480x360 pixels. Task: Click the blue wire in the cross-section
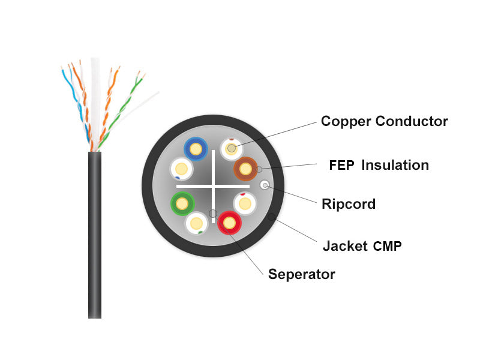pos(196,149)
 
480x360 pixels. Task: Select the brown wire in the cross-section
pos(245,169)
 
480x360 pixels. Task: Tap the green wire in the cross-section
pos(182,203)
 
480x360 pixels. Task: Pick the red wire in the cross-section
pos(229,223)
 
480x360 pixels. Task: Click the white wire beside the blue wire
pos(181,169)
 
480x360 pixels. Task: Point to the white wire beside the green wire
pos(197,223)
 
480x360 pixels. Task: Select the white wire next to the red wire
pos(245,203)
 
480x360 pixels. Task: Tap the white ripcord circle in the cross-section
pos(265,185)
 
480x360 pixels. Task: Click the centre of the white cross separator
pos(214,186)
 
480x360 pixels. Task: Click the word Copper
pos(346,122)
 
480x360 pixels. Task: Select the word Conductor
pos(412,121)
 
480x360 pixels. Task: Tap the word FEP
pos(341,166)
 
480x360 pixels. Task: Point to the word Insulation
pos(395,165)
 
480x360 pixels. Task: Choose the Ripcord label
pos(349,204)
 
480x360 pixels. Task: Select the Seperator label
pos(302,275)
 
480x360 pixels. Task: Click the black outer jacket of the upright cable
pos(95,235)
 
